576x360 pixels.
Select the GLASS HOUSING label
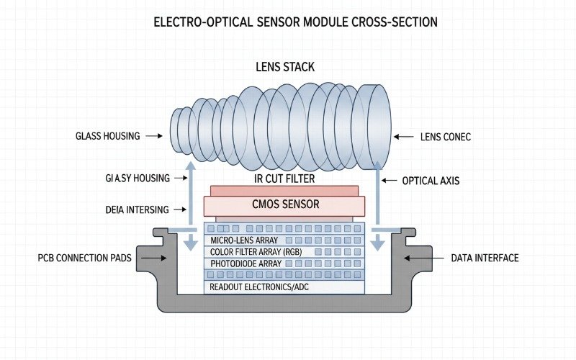[x=109, y=136]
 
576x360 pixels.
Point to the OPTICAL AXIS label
[x=431, y=181]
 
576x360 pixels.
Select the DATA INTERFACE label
[x=485, y=258]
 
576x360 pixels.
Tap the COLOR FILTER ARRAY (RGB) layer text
[x=251, y=252]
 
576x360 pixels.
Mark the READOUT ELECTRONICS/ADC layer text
[x=260, y=287]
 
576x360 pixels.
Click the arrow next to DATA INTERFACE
[x=418, y=258]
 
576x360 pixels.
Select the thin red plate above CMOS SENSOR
[x=284, y=190]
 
